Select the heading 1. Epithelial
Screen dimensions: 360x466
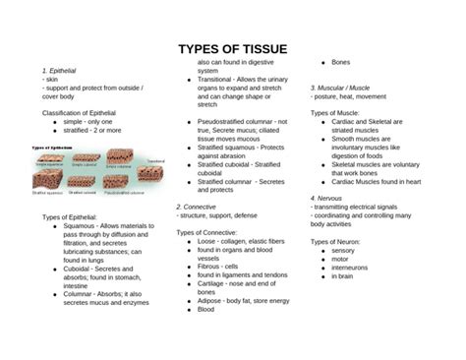60,71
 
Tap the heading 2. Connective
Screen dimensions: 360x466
198,207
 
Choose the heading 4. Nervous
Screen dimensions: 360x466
329,199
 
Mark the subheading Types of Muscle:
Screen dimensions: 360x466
334,113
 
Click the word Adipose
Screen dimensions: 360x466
209,300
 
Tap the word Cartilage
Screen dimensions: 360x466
212,283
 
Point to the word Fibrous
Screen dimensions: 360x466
209,266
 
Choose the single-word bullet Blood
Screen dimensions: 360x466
205,309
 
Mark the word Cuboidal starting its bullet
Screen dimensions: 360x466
79,267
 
